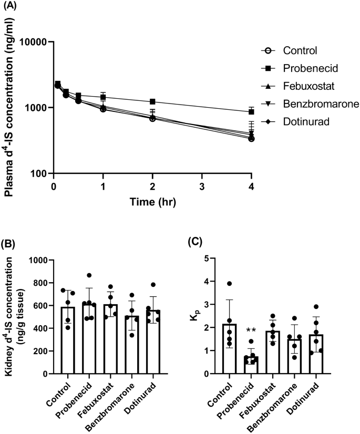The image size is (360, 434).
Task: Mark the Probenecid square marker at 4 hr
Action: click(252, 112)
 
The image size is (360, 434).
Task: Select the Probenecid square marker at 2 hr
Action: click(152, 101)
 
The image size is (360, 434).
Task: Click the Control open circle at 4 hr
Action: click(252, 139)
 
